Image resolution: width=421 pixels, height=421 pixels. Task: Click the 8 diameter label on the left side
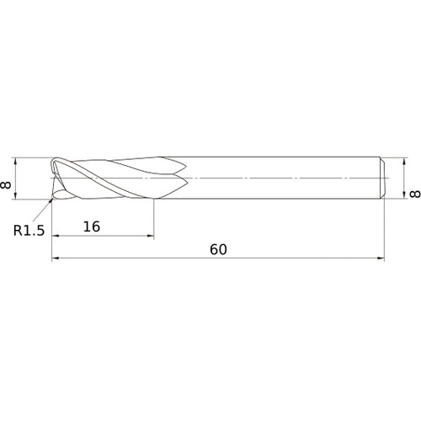click(9, 179)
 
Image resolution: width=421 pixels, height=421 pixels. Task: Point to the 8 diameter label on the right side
click(413, 194)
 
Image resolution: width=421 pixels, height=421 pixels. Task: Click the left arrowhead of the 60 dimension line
click(56, 259)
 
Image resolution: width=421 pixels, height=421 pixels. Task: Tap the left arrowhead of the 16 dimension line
click(56, 236)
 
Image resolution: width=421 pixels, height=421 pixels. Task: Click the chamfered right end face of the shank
click(384, 179)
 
